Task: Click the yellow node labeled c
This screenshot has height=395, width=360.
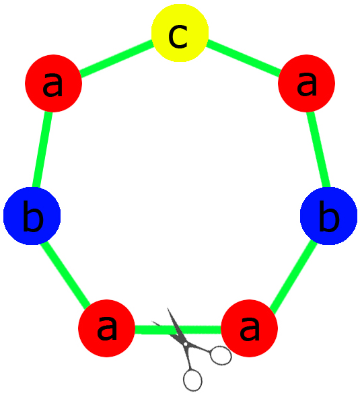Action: click(x=180, y=33)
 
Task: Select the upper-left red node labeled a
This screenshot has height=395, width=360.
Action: click(x=53, y=83)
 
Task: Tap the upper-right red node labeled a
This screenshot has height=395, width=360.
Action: click(x=306, y=83)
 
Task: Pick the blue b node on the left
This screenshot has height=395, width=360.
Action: click(x=32, y=216)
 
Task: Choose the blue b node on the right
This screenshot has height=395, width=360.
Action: click(x=328, y=216)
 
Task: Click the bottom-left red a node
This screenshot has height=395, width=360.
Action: click(x=107, y=328)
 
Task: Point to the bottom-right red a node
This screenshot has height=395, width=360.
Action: click(x=249, y=328)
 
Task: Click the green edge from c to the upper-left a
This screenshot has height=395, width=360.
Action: click(x=116, y=58)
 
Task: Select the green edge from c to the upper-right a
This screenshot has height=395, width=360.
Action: click(x=243, y=58)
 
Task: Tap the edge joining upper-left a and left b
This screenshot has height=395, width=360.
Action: click(x=42, y=149)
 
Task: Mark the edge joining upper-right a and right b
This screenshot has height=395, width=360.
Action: click(x=318, y=149)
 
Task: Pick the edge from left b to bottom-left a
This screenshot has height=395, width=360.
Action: click(x=65, y=273)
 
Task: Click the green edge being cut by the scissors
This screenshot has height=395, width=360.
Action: click(x=178, y=330)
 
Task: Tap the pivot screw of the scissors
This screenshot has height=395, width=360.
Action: click(x=186, y=344)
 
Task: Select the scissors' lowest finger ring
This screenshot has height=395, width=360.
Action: click(x=192, y=380)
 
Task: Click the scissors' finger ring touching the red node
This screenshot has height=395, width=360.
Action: click(x=221, y=355)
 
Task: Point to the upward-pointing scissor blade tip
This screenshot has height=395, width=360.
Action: click(x=168, y=308)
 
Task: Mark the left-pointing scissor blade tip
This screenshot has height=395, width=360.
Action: click(x=152, y=322)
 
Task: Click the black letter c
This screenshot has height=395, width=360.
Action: click(x=178, y=36)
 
